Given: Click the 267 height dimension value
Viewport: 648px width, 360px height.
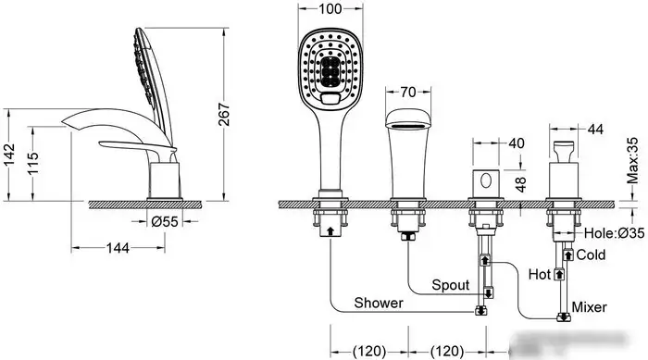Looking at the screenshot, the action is click(x=223, y=114).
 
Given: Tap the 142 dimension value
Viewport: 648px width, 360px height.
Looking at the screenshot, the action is click(x=9, y=155).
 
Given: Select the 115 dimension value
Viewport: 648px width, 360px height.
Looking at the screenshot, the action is click(x=33, y=163).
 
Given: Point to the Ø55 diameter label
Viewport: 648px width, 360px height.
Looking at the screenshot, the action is click(x=165, y=222).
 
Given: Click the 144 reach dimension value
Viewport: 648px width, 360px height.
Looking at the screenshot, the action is click(x=118, y=248).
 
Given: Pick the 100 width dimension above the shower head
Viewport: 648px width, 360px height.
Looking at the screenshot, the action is click(x=330, y=8).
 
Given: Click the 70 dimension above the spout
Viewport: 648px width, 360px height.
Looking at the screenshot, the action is click(x=408, y=92).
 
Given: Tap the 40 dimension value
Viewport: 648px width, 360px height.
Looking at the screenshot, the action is click(x=517, y=143).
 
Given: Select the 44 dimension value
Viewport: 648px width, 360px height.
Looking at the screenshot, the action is click(x=595, y=130).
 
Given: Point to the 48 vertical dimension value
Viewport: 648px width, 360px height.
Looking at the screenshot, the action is click(x=521, y=184).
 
